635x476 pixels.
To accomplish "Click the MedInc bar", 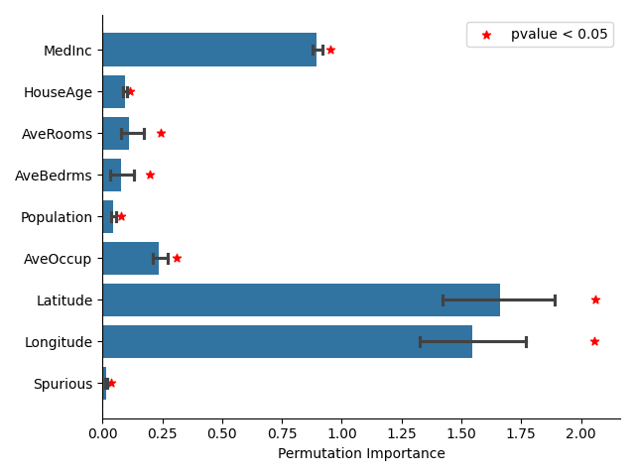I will pos(208,50).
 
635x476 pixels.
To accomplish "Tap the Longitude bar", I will pos(287,341).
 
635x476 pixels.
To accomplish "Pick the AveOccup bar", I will pos(130,258).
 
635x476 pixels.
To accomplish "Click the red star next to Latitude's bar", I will pos(595,299).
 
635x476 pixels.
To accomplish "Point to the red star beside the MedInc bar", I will pos(330,50).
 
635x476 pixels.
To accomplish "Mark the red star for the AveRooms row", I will pos(161,133).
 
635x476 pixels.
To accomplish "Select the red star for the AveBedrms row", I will pos(150,175).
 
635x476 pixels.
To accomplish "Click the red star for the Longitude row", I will pos(594,341).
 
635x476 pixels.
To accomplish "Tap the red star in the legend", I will pos(486,35).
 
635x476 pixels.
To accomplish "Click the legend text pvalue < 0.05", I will pos(559,35).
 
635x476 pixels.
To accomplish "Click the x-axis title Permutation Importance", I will pos(361,454).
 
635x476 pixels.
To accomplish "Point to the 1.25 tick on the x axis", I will pos(402,433).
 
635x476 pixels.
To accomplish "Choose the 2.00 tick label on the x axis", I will pos(580,433).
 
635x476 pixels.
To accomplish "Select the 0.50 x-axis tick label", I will pos(222,433).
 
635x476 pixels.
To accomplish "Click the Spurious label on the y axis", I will pos(63,384).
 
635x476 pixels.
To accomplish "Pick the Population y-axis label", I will pos(56,217).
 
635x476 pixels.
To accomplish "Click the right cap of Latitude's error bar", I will pos(555,299).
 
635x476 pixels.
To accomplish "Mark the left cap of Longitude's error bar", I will pos(420,341).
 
